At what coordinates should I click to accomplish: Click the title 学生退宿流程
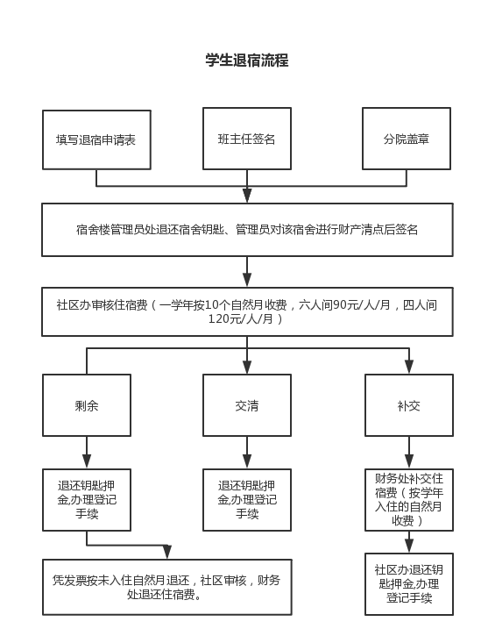click(247, 61)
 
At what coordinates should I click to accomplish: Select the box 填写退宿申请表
click(96, 139)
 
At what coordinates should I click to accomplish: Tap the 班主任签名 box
click(247, 139)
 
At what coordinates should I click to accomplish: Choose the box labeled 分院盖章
click(407, 139)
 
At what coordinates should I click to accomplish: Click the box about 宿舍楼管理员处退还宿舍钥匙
click(247, 230)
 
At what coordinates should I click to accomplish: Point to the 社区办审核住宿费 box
click(247, 311)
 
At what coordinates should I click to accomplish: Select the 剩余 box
click(87, 405)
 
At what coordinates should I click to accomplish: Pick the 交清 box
click(247, 405)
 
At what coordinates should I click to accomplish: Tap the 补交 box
click(409, 405)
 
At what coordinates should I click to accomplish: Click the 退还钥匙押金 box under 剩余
click(87, 500)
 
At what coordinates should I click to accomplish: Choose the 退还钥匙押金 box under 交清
click(247, 500)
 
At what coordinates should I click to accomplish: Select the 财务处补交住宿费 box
click(409, 500)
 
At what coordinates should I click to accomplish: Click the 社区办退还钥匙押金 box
click(409, 584)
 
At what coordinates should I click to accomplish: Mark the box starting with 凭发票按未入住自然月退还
click(167, 587)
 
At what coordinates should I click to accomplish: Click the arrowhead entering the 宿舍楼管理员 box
click(247, 196)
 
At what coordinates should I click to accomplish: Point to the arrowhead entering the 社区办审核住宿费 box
click(247, 280)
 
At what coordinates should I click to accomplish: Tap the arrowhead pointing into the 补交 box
click(409, 367)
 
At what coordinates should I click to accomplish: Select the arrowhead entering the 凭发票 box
click(167, 552)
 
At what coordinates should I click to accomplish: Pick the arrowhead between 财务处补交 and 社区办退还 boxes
click(409, 546)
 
